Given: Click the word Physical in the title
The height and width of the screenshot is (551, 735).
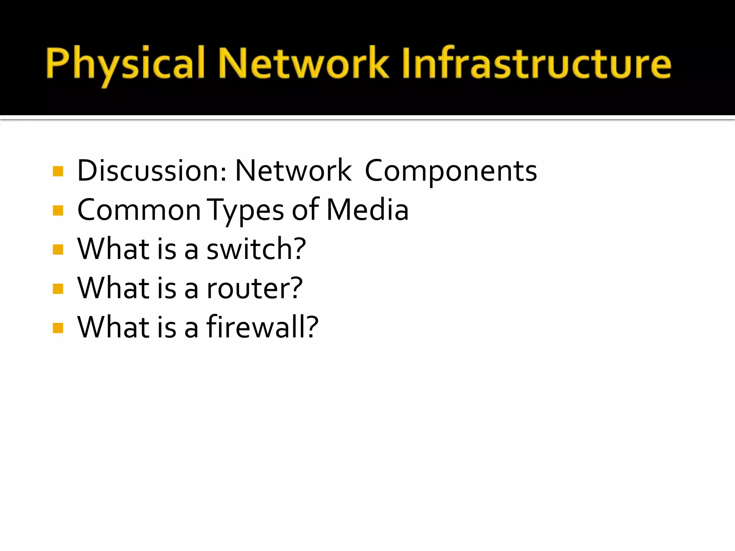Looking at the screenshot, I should tap(125, 64).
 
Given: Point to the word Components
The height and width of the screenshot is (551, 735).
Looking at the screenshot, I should tap(451, 171).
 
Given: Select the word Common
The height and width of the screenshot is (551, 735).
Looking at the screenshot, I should tap(139, 210).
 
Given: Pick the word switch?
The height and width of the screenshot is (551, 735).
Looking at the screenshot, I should tap(256, 249).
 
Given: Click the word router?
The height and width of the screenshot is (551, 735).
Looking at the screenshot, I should tap(255, 288).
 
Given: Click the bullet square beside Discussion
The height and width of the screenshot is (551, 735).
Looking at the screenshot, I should tap(58, 171).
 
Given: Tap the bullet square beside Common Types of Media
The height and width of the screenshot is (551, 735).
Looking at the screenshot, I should tap(58, 211).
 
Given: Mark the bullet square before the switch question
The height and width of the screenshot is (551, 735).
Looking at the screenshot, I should tap(58, 249).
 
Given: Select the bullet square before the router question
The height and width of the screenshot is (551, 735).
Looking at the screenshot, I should tap(58, 288).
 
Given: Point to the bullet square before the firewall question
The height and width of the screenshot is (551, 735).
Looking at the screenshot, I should tap(58, 328).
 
